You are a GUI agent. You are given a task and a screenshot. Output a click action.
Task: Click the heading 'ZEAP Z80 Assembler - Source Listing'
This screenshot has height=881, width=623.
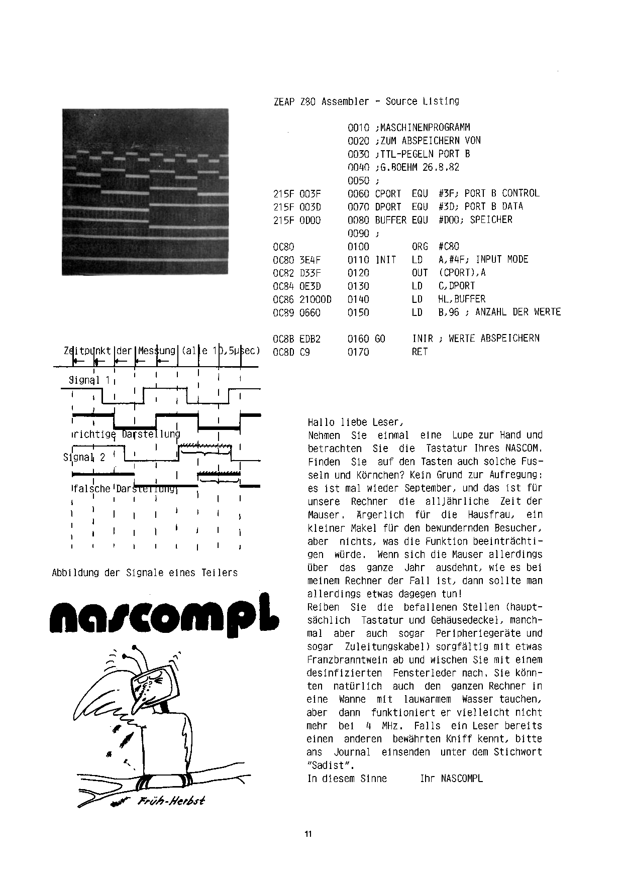click(366, 101)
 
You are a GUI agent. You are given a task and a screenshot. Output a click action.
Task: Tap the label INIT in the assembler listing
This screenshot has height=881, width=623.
click(385, 260)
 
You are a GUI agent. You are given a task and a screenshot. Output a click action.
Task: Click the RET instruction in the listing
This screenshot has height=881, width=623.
click(420, 352)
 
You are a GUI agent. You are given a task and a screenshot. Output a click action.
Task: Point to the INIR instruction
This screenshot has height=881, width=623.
click(423, 339)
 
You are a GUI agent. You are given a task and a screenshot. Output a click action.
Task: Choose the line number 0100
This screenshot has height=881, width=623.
click(358, 247)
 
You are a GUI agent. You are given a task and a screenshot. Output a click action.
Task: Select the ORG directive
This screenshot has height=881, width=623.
click(420, 247)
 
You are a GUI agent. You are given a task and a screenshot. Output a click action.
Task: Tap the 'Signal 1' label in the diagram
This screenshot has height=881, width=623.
click(89, 380)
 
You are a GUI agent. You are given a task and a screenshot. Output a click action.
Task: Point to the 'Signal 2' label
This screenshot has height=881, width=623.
click(84, 457)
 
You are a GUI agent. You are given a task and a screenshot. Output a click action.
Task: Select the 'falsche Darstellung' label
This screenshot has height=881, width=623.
click(125, 488)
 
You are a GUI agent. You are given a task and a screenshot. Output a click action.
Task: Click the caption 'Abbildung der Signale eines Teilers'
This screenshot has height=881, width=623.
click(145, 573)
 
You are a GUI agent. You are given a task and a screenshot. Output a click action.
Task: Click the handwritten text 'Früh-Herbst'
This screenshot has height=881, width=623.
click(171, 801)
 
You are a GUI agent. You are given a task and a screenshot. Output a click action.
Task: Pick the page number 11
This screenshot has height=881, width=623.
click(308, 834)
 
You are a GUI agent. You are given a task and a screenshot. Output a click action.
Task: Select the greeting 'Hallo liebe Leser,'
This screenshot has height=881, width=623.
click(355, 422)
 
